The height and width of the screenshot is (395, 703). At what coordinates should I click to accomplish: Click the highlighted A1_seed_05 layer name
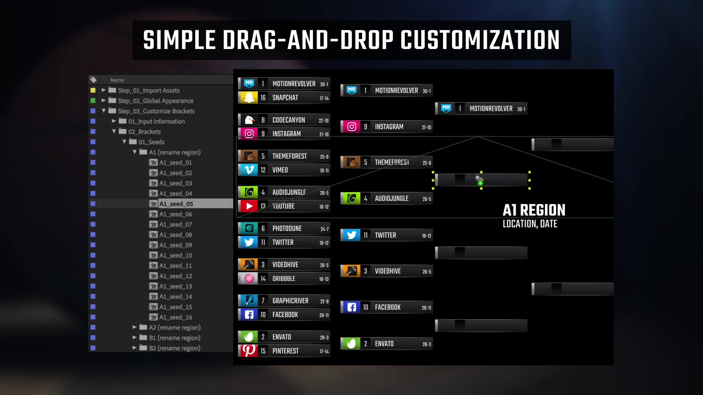tap(176, 204)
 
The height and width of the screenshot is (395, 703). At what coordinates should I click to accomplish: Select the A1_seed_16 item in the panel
tap(175, 317)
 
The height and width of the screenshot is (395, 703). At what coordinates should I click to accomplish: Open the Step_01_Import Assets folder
tap(149, 90)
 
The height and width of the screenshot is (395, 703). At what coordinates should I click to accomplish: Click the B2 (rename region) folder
tap(175, 348)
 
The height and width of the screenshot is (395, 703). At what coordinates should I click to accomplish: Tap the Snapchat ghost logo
tap(249, 98)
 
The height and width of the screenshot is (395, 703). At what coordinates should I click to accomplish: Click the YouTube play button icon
tap(249, 206)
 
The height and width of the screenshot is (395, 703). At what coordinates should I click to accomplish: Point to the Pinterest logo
tap(249, 351)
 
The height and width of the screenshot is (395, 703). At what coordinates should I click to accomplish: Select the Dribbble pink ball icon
tap(249, 279)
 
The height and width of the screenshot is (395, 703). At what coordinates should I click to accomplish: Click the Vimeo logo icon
tap(249, 170)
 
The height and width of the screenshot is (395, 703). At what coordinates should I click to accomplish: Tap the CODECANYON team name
tap(289, 120)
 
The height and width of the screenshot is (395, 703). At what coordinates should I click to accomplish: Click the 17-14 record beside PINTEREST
tap(324, 351)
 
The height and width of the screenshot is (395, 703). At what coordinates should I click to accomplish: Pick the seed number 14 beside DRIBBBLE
tap(263, 279)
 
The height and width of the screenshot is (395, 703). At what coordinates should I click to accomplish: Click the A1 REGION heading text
tap(534, 210)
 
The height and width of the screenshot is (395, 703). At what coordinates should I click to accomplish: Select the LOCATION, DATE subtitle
tap(530, 224)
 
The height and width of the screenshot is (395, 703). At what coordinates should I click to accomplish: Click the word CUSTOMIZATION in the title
tap(480, 40)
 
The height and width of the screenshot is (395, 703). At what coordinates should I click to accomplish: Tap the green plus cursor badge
tap(480, 183)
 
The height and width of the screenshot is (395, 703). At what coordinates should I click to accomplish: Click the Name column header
tap(117, 80)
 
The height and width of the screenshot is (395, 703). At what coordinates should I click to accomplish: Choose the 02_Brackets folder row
tap(144, 132)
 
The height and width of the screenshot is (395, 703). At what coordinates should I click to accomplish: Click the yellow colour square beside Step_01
tap(93, 90)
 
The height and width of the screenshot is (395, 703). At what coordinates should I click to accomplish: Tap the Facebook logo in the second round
tap(351, 307)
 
